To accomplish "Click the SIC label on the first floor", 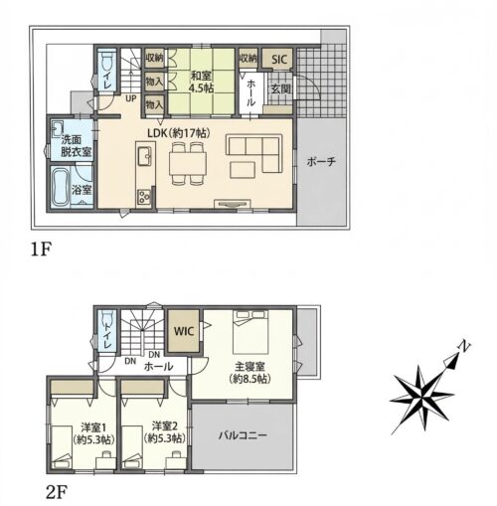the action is tap(279, 60).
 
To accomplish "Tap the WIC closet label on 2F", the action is tap(184, 331).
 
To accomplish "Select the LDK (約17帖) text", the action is tap(179, 133).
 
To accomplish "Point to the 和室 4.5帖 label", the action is tap(201, 82).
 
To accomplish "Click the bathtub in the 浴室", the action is tap(61, 187).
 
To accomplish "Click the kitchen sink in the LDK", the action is tap(144, 156).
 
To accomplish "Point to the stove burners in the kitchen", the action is tap(144, 196).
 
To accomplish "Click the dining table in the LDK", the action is tap(188, 163).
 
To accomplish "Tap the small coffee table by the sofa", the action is tap(243, 170).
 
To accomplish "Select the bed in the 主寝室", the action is tap(250, 332).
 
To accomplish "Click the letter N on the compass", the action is tap(464, 347).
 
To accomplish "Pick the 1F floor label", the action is tap(40, 250).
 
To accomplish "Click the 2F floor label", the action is tap(57, 493).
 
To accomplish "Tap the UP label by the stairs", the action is tap(130, 98).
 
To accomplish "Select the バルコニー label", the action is tap(243, 434).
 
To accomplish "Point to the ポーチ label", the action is tap(321, 162).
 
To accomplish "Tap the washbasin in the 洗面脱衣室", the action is tap(57, 127).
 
